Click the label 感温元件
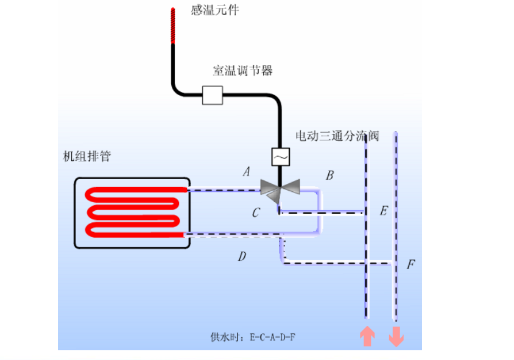click(x=215, y=10)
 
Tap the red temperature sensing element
click(x=173, y=26)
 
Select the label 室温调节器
click(x=242, y=71)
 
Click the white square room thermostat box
click(x=213, y=95)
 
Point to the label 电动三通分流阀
click(x=337, y=136)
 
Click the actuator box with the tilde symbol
click(x=281, y=157)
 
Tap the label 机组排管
click(x=87, y=157)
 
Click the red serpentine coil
click(x=135, y=212)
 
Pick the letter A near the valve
click(x=247, y=171)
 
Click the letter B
click(x=329, y=175)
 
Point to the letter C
click(x=256, y=213)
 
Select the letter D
click(x=242, y=256)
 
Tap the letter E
click(x=384, y=211)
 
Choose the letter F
click(x=411, y=264)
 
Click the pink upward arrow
click(x=367, y=336)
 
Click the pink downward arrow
click(x=396, y=337)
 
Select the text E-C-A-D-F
click(x=272, y=337)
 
